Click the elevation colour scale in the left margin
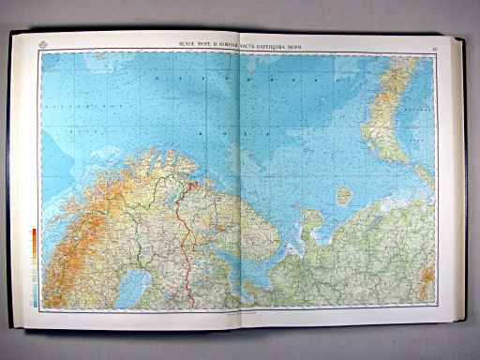pyautogui.click(x=34, y=267)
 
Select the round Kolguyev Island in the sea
pyautogui.click(x=344, y=195)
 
